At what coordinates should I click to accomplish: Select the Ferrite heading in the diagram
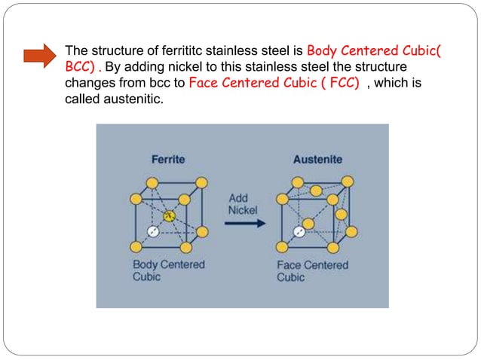(x=167, y=160)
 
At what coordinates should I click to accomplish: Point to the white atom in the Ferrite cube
(x=154, y=233)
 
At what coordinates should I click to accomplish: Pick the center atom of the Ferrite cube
(x=170, y=217)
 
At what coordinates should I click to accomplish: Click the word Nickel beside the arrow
(x=243, y=210)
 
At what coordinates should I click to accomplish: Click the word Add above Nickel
(x=238, y=199)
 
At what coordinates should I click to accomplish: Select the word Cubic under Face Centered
(x=292, y=277)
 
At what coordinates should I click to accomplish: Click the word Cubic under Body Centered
(x=148, y=276)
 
